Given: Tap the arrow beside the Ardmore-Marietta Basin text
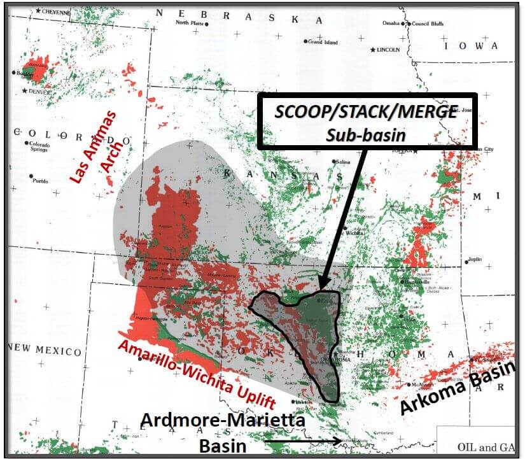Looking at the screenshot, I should tap(303, 441).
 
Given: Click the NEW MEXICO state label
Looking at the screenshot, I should tap(45, 349).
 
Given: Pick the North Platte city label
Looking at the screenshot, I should tap(190, 23).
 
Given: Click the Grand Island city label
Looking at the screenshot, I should tap(325, 42).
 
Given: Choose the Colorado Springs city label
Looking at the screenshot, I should tap(39, 146).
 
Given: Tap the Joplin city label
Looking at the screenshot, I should tap(474, 260).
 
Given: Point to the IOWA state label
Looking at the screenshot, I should tap(471, 46).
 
